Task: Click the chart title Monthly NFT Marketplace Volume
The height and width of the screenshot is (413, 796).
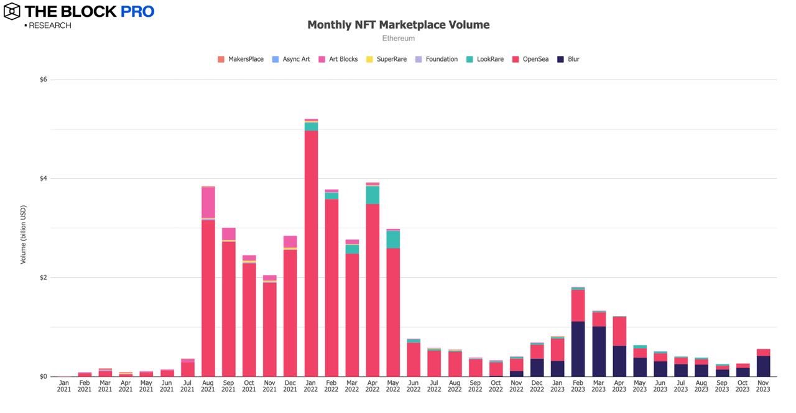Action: [398, 25]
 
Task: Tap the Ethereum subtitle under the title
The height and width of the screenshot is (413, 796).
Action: [398, 39]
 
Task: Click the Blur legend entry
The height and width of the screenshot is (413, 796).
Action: [568, 59]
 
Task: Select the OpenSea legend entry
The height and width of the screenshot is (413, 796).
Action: [530, 59]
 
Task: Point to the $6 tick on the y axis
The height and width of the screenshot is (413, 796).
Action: [44, 80]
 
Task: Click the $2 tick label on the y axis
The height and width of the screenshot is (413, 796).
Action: [44, 277]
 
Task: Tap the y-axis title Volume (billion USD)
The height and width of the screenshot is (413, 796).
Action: [24, 234]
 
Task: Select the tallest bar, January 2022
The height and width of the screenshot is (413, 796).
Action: [311, 249]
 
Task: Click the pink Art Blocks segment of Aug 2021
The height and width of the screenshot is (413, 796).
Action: [208, 202]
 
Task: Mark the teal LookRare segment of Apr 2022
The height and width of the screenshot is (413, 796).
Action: [373, 195]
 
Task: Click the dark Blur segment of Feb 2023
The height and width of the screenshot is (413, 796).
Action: [578, 349]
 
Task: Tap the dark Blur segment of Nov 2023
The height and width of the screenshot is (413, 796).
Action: [763, 366]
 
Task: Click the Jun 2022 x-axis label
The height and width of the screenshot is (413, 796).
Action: [414, 386]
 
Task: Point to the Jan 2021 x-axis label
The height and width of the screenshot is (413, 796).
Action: [64, 386]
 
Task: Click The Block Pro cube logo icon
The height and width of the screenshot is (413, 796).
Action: [12, 11]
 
